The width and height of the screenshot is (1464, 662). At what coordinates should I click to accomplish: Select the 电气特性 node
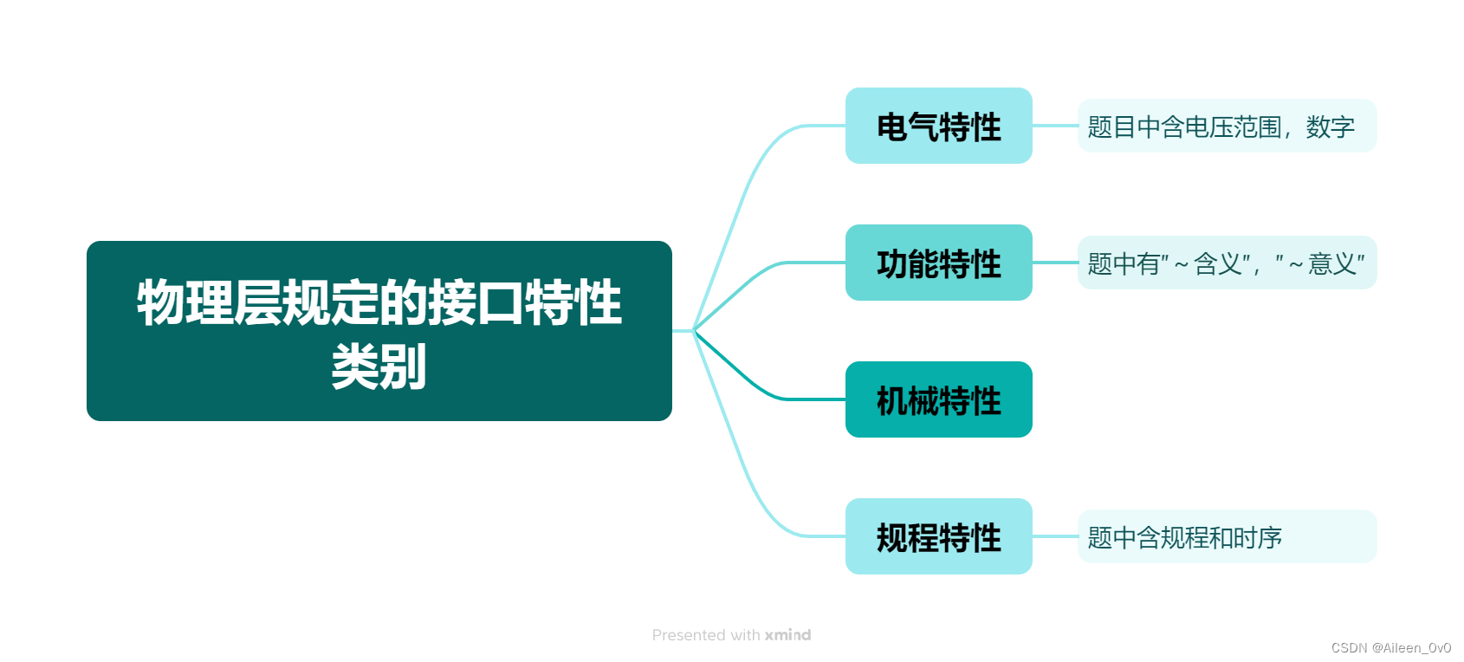point(938,127)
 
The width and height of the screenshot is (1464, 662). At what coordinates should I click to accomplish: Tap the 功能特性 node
point(938,263)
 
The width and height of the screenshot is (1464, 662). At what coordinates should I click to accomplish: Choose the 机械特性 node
point(938,400)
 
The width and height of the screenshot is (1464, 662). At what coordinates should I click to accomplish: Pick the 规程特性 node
point(938,537)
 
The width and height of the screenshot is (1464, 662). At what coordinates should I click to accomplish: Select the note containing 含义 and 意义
point(1226,263)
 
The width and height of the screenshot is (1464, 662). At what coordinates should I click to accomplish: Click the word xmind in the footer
point(787,635)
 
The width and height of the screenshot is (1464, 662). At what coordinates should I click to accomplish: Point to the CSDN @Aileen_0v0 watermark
point(1390,648)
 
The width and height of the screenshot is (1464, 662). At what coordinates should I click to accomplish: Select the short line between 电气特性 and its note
point(1054,126)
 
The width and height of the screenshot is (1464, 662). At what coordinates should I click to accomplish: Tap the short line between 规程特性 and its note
point(1054,536)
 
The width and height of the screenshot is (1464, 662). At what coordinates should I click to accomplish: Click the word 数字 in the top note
point(1330,127)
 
